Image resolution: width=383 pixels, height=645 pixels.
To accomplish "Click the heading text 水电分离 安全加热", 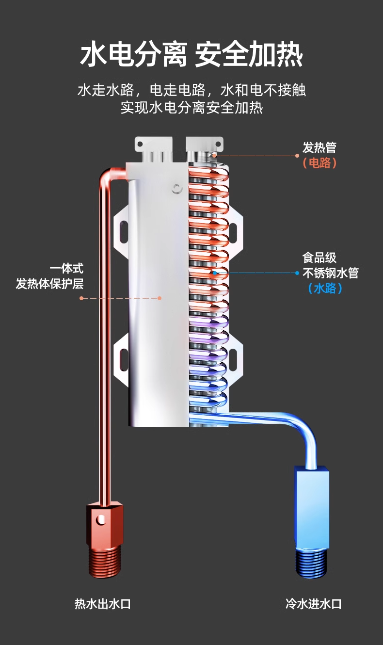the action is coord(191,54).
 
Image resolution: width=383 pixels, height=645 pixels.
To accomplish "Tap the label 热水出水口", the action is coord(103,603).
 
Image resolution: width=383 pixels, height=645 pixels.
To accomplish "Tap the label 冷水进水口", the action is coord(313,603).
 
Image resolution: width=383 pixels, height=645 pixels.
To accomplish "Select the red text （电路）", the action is coord(319,163).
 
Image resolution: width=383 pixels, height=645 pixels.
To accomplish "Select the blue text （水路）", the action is coord(325,288).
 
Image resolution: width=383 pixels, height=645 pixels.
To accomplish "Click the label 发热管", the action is coord(319,147).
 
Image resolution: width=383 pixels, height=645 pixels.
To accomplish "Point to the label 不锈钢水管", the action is coord(330,273).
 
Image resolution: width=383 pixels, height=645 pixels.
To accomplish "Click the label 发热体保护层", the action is coord(50,284).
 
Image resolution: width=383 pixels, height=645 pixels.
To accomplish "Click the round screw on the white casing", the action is coord(177,189).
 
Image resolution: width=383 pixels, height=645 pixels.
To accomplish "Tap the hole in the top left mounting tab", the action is coord(140,144).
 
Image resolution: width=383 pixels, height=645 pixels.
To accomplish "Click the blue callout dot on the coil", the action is coord(215,273).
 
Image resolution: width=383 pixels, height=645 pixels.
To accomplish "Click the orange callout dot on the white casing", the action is coord(160,298).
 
